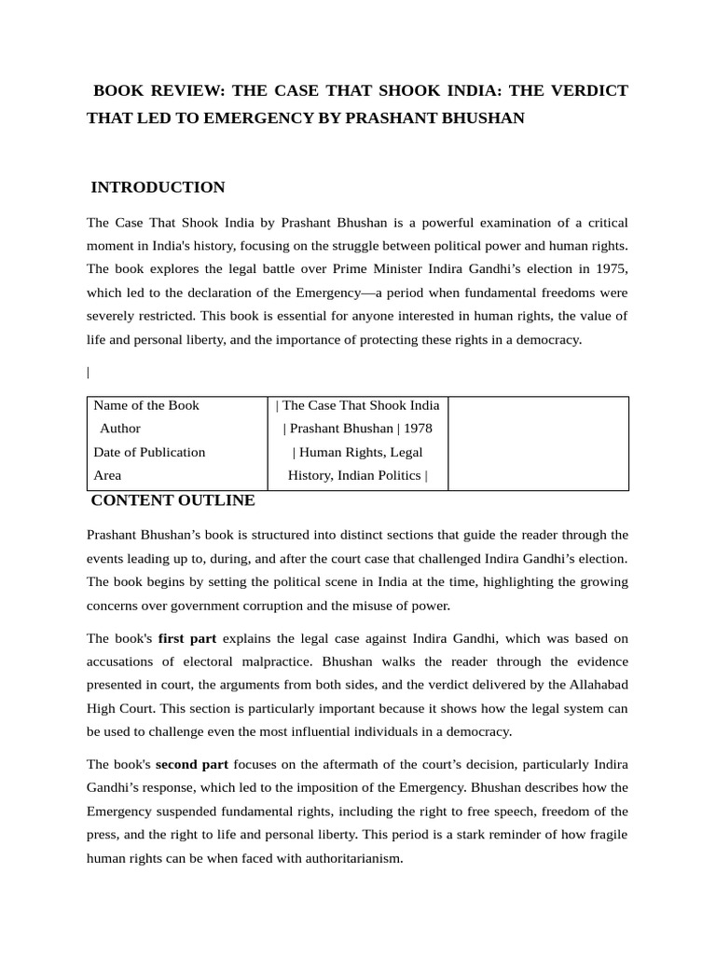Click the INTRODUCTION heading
click(158, 187)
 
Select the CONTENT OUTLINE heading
click(172, 500)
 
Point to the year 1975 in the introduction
click(610, 268)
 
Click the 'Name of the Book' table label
click(146, 405)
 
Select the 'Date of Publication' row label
click(149, 452)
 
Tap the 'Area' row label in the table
click(107, 475)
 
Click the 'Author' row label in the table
click(120, 429)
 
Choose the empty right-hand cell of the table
click(538, 443)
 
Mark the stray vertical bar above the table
click(89, 373)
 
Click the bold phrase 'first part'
click(186, 638)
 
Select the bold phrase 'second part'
click(193, 764)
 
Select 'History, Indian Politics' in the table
click(354, 475)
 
